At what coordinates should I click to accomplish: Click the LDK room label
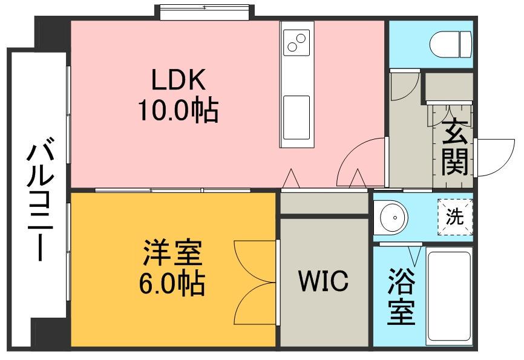178,79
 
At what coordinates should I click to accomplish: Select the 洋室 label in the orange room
172,253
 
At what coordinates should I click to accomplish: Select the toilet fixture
450,43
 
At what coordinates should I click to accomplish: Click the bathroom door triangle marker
415,252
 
